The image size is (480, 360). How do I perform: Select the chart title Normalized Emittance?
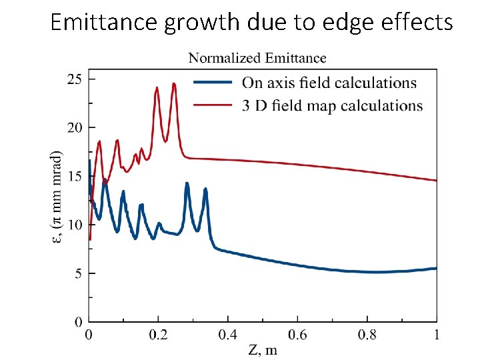click(x=257, y=59)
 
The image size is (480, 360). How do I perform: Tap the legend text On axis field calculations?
click(x=329, y=83)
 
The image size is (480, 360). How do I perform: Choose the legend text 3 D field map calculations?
click(x=332, y=105)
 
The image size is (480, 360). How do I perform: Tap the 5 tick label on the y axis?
click(x=78, y=274)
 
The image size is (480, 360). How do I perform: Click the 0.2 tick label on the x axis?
click(x=158, y=335)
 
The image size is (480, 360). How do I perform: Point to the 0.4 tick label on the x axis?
click(x=227, y=335)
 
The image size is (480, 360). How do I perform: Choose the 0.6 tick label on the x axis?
click(x=297, y=335)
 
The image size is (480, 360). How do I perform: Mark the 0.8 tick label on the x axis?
click(x=367, y=335)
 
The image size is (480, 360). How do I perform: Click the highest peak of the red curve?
click(x=174, y=83)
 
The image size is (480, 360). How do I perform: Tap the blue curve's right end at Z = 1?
click(x=436, y=269)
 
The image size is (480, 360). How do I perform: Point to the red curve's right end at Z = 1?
click(x=436, y=181)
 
